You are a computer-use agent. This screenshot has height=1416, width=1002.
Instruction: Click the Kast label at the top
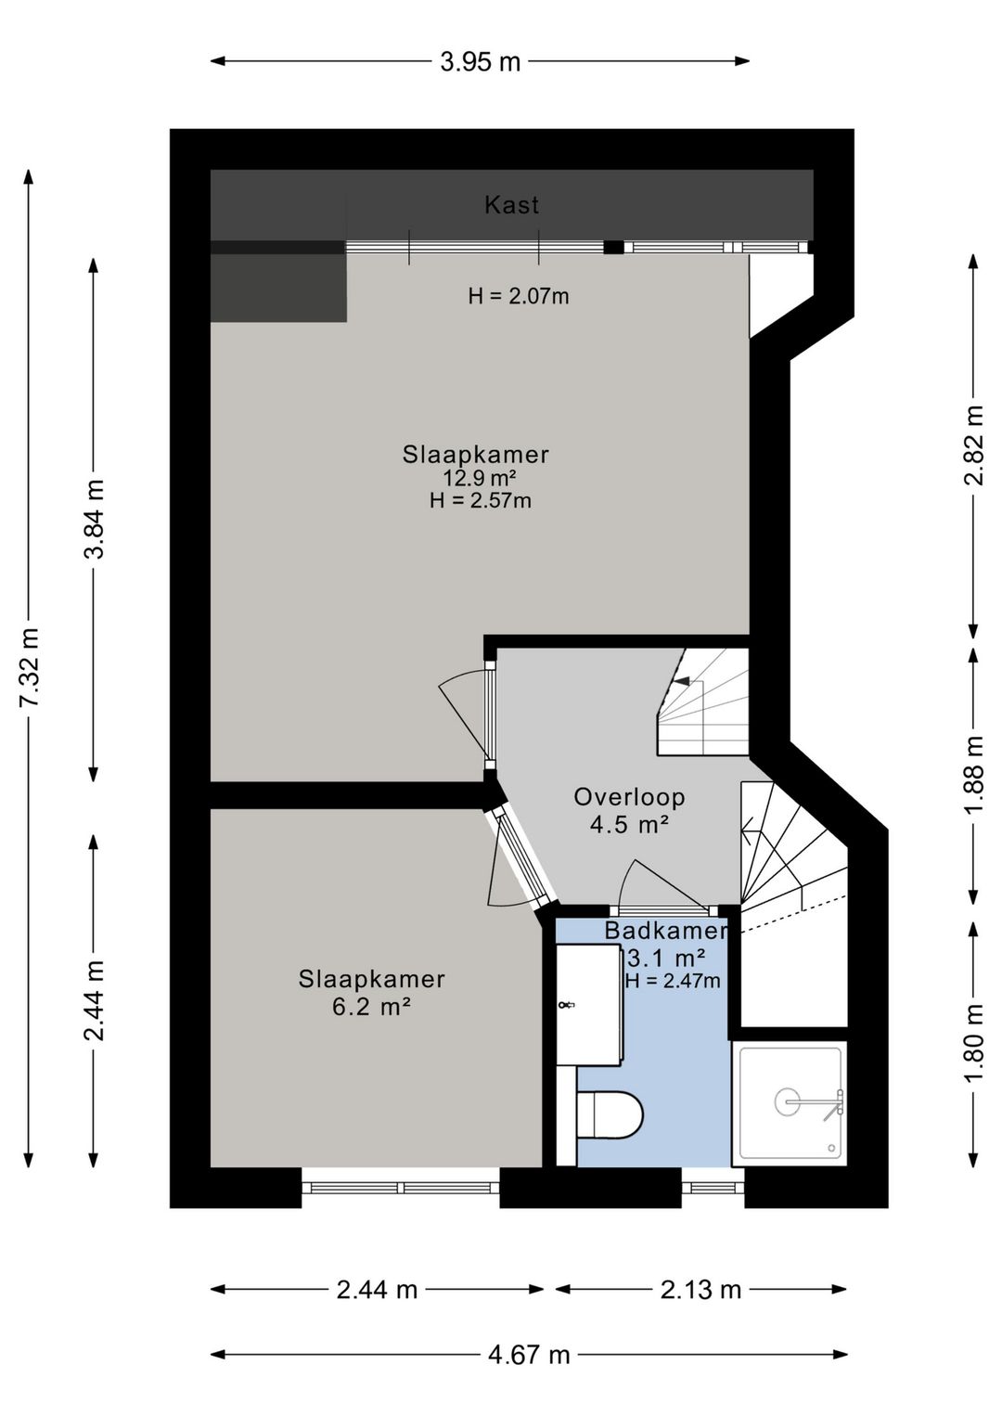[x=511, y=205]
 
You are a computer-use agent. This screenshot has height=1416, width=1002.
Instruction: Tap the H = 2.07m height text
[x=519, y=296]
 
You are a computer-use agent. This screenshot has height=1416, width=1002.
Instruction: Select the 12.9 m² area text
[x=475, y=477]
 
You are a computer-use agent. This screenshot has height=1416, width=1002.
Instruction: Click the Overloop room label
[x=629, y=797]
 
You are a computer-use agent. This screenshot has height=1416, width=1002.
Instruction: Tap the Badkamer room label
[x=666, y=931]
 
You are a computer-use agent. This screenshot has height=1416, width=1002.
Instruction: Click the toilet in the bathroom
[x=610, y=1114]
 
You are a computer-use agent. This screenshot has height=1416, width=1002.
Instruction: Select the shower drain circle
[x=789, y=1101]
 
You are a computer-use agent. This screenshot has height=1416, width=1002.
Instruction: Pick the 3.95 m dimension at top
[x=480, y=62]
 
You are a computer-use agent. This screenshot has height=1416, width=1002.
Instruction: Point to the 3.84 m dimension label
[x=95, y=520]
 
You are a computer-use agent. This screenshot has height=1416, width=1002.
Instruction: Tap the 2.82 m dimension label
[x=974, y=445]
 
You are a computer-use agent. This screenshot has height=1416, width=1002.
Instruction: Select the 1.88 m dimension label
[x=974, y=776]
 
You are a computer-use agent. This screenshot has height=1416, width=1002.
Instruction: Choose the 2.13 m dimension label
[x=701, y=1290]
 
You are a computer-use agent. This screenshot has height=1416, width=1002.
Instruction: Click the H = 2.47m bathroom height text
[x=673, y=981]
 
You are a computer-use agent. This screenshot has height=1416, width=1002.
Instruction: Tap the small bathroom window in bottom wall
[x=713, y=1188]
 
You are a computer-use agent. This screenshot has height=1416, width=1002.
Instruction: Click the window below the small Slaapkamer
[x=401, y=1188]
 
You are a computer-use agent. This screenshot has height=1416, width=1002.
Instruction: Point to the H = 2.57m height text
[x=481, y=501]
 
